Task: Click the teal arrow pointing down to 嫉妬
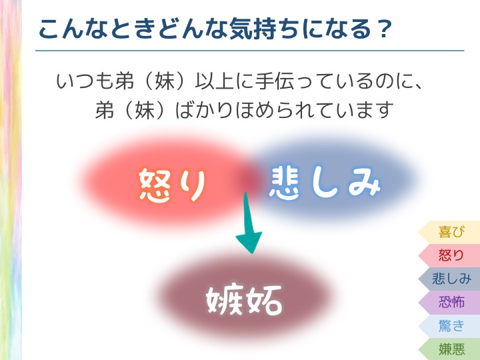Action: click(247, 223)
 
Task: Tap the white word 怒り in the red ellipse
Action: click(173, 185)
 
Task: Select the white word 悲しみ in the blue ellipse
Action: click(325, 183)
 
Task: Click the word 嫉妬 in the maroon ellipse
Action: click(244, 300)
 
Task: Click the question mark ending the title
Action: click(385, 29)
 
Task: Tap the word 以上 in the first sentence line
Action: click(215, 81)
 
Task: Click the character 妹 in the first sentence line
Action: click(165, 81)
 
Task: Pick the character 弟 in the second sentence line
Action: click(105, 109)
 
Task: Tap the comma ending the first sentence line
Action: click(417, 86)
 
